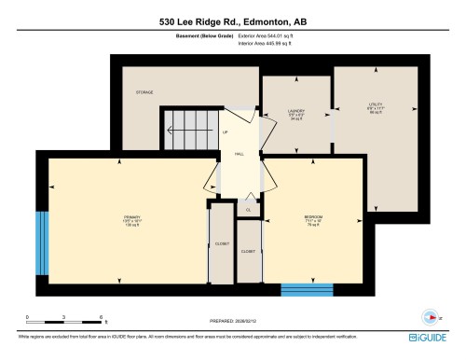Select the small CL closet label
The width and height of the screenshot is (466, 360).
(x=248, y=210)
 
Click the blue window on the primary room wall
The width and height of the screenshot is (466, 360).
(x=41, y=242)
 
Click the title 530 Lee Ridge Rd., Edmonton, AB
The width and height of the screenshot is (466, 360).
(x=232, y=19)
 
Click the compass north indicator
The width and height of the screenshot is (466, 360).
(x=430, y=315)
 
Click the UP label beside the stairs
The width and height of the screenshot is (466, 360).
(x=226, y=132)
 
